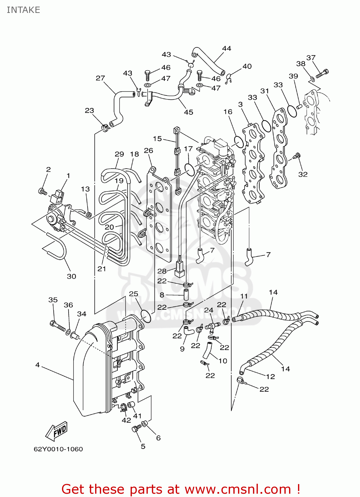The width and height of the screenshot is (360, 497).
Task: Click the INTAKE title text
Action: [23, 10]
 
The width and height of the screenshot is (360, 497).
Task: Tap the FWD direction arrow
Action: [56, 431]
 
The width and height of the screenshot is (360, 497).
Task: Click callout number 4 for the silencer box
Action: [37, 364]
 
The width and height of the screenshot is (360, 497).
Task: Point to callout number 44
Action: [227, 48]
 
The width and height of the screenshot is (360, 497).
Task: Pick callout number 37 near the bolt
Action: [311, 58]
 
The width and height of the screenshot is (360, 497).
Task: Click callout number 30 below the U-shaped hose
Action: [72, 276]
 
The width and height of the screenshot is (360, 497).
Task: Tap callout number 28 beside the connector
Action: [162, 271]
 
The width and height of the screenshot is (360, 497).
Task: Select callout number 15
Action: [157, 139]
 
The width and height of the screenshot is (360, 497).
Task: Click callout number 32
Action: [303, 174]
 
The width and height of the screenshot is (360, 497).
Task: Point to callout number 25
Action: [134, 294]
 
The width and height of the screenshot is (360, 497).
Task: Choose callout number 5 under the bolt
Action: [143, 446]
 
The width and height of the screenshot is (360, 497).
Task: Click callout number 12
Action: [270, 376]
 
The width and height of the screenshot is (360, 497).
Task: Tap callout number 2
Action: [48, 170]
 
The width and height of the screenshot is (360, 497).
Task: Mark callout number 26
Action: [149, 150]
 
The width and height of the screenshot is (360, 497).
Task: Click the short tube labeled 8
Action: [186, 295]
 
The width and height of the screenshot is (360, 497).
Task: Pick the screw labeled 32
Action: [297, 156]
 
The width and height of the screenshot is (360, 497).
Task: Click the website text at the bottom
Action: [181, 489]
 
